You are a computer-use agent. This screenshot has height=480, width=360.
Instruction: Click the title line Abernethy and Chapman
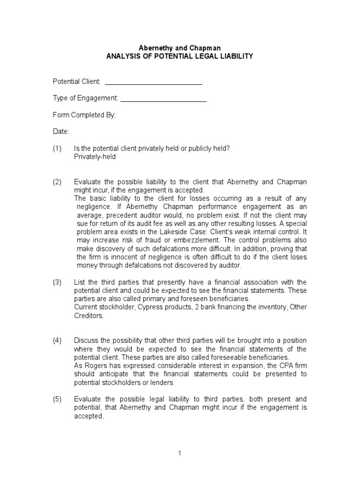pos(180,48)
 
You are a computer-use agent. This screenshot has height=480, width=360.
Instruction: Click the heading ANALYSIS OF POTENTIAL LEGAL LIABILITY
pos(180,56)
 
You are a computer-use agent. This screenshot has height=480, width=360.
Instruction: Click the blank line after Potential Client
pos(153,82)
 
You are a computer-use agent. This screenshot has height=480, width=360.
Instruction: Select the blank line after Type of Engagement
pos(164,98)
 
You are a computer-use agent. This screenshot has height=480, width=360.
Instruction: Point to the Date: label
pos(60,132)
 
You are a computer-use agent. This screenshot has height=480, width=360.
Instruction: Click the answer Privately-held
pos(95,157)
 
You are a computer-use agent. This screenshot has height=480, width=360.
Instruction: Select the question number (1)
pos(57,149)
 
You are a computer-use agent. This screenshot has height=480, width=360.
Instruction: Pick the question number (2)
pos(57,182)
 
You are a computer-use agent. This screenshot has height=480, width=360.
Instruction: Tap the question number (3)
pos(57,282)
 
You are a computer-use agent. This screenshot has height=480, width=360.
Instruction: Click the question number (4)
pos(57,340)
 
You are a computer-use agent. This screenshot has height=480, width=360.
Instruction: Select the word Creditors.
pos(89,315)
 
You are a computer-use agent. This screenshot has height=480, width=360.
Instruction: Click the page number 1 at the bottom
pos(180,453)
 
